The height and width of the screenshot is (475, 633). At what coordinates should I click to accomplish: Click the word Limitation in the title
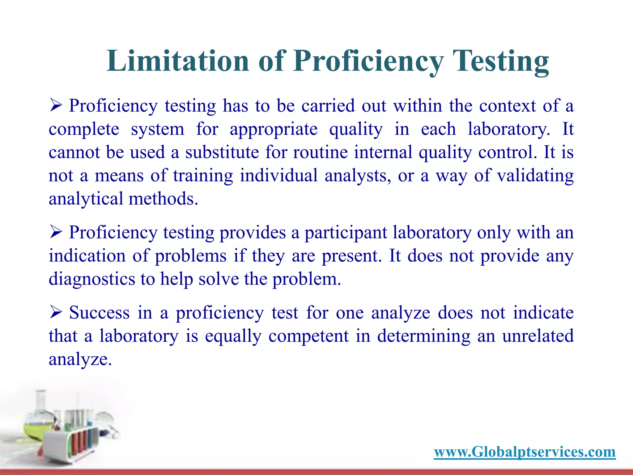177,61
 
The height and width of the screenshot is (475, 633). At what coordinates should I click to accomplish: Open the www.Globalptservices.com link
525,452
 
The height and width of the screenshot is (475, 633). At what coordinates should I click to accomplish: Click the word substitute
222,152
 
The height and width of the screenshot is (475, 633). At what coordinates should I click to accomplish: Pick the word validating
535,176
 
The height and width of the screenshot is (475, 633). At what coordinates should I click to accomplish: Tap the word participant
346,233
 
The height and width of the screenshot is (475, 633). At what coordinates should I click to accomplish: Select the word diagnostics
92,279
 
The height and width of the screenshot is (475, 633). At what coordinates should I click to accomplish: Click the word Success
99,313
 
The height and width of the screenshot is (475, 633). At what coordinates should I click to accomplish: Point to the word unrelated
538,336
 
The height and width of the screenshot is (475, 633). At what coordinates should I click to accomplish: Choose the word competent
308,336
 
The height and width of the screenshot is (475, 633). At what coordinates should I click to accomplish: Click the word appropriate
274,129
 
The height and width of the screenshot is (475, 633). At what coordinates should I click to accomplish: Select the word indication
87,256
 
